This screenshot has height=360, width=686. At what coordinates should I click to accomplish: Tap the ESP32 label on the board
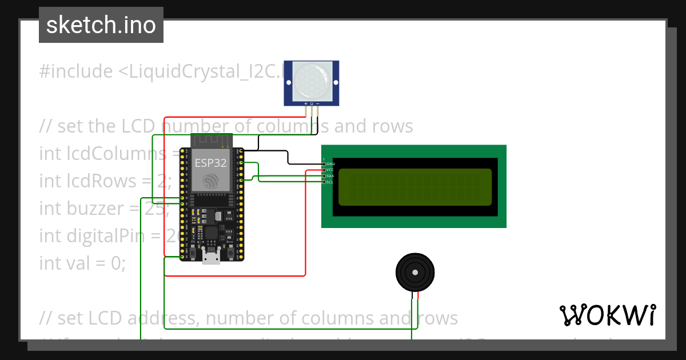210,162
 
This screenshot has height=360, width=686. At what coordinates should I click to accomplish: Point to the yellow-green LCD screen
414,187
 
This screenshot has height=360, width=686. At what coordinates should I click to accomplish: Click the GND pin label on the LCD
330,164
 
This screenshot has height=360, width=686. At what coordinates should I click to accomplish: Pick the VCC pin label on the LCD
330,170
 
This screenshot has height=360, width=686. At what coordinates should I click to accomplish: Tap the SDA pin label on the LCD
330,176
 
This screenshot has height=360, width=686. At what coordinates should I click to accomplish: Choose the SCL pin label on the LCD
330,182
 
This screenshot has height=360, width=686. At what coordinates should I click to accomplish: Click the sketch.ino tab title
101,25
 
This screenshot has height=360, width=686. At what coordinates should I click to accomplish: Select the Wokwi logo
608,315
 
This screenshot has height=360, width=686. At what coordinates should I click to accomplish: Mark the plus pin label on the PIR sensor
306,103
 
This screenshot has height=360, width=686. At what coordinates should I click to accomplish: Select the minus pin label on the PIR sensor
318,103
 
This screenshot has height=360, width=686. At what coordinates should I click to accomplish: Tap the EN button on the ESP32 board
193,250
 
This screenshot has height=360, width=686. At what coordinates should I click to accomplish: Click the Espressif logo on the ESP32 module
210,180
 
